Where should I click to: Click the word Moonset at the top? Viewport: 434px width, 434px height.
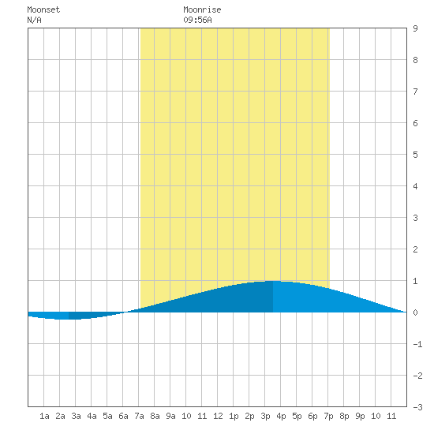point(43,9)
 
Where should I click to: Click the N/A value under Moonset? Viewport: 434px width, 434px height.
point(34,20)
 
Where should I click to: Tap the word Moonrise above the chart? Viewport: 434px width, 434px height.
point(202,9)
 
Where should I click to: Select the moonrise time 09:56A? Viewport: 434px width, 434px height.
point(197,20)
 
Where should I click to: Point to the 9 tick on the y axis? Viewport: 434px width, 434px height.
point(415,28)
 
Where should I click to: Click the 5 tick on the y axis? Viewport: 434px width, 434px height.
point(415,155)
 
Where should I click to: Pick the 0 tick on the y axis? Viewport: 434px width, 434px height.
point(415,312)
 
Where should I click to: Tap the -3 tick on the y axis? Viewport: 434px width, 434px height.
point(417,407)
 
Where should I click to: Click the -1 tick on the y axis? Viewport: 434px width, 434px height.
point(417,344)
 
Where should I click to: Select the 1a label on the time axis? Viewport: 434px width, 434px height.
point(44,416)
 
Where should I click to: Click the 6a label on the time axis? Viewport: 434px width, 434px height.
point(123,416)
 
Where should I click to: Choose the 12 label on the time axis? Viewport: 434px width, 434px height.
point(218,416)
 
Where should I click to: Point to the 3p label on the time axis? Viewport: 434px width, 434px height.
point(265,416)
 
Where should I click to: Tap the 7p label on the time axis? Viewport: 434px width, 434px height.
point(328,416)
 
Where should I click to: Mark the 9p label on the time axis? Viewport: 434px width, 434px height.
point(360,416)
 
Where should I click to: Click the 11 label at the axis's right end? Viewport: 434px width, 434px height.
point(391,416)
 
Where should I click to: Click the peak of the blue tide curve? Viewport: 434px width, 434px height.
point(273,281)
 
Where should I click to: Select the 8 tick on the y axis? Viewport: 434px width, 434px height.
point(415,60)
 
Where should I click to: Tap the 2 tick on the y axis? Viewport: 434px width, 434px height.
point(415,249)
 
